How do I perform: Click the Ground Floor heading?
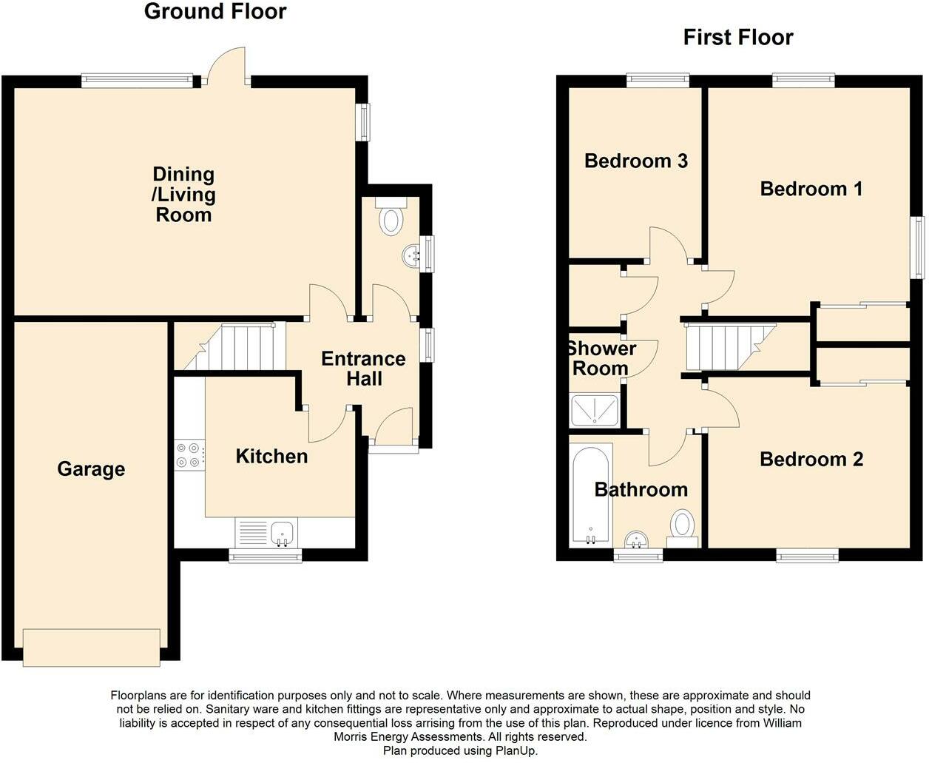click(215, 11)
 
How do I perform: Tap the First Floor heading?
click(738, 37)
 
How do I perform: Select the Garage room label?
click(91, 469)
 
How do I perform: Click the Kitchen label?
click(271, 456)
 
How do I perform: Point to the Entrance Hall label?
click(363, 369)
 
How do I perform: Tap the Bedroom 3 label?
click(636, 161)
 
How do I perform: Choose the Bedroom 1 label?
click(811, 189)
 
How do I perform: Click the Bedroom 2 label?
click(811, 460)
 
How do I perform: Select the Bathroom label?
click(641, 490)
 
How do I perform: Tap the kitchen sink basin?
click(283, 533)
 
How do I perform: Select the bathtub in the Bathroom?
click(591, 495)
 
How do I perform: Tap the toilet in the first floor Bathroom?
click(682, 528)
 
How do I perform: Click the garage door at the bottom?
click(92, 648)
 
